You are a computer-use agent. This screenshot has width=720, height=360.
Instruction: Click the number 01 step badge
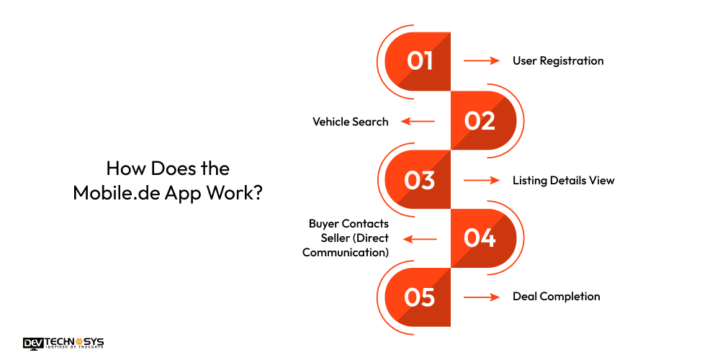(418, 61)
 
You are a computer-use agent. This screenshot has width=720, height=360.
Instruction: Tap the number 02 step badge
(483, 120)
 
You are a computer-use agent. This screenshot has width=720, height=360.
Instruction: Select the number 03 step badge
(418, 179)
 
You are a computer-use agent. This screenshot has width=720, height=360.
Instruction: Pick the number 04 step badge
(483, 238)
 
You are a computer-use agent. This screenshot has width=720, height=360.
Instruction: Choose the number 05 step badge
(418, 297)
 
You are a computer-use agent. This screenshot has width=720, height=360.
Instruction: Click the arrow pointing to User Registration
(481, 60)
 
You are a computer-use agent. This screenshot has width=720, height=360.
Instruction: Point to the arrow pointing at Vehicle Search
(418, 121)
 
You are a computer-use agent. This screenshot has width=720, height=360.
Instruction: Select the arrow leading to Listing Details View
(481, 181)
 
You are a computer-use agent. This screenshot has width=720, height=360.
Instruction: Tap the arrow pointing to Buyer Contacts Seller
(420, 239)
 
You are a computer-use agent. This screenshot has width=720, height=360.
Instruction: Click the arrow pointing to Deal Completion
(481, 297)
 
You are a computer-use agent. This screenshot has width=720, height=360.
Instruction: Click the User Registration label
(558, 60)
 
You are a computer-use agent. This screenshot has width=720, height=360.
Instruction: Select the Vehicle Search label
(351, 121)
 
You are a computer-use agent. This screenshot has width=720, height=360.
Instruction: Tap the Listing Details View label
(564, 181)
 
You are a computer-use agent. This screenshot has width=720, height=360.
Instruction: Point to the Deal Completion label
(556, 297)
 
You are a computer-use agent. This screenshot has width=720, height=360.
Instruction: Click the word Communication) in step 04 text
(346, 252)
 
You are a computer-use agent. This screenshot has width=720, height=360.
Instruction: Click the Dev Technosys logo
(63, 343)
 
